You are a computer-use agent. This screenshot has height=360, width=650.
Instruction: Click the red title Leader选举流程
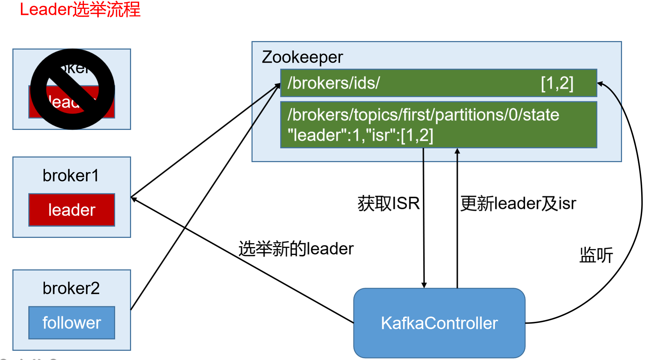pyautogui.click(x=80, y=10)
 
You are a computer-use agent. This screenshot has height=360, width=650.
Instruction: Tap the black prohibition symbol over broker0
pyautogui.click(x=73, y=89)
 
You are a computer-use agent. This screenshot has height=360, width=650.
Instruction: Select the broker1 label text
pyautogui.click(x=70, y=176)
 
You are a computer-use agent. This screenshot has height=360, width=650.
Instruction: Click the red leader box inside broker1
pyautogui.click(x=72, y=210)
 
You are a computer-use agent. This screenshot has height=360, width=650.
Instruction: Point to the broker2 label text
pyautogui.click(x=71, y=288)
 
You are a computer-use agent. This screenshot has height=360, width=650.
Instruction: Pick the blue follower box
pyautogui.click(x=72, y=323)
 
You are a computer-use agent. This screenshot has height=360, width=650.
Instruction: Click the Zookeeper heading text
pyautogui.click(x=302, y=57)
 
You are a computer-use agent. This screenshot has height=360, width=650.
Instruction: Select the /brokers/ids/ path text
pyautogui.click(x=333, y=83)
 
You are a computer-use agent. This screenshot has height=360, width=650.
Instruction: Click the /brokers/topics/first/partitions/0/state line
pyautogui.click(x=423, y=115)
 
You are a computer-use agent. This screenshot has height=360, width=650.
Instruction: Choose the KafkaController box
pyautogui.click(x=439, y=323)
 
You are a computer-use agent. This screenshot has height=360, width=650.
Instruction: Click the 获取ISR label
pyautogui.click(x=388, y=204)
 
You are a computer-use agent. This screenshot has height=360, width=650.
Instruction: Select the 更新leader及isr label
pyautogui.click(x=518, y=204)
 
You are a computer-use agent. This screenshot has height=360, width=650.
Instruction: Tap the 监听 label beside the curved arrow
pyautogui.click(x=596, y=255)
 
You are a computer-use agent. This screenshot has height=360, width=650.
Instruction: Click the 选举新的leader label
pyautogui.click(x=296, y=248)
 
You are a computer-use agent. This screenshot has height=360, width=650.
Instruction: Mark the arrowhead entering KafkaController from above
pyautogui.click(x=424, y=285)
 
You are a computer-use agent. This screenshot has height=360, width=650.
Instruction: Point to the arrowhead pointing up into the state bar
pyautogui.click(x=457, y=151)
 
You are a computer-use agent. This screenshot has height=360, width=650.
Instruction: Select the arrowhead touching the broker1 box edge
pyautogui.click(x=134, y=199)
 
